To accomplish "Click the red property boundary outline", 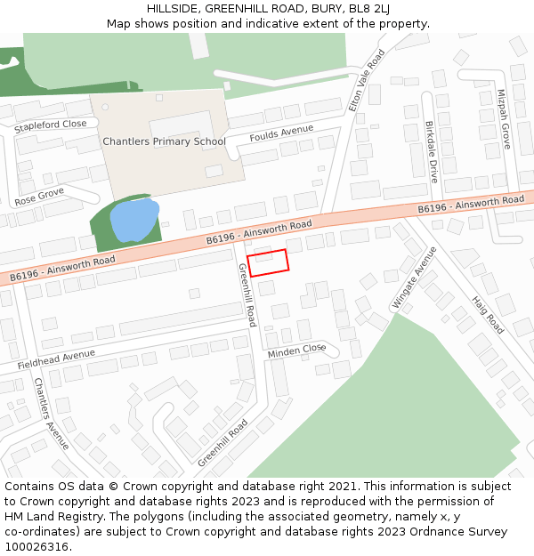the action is (268, 262).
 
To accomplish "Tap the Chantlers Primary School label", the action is (164, 141).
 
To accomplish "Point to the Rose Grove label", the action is (39, 197).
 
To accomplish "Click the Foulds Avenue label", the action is (281, 134).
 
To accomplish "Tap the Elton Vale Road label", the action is (367, 79).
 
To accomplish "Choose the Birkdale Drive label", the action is (431, 152).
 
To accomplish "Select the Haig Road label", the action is (488, 315).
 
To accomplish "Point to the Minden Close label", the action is (297, 351).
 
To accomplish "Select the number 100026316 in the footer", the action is (36, 546).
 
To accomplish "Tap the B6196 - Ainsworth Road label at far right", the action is (472, 205).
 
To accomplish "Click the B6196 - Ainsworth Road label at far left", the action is (63, 269).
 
